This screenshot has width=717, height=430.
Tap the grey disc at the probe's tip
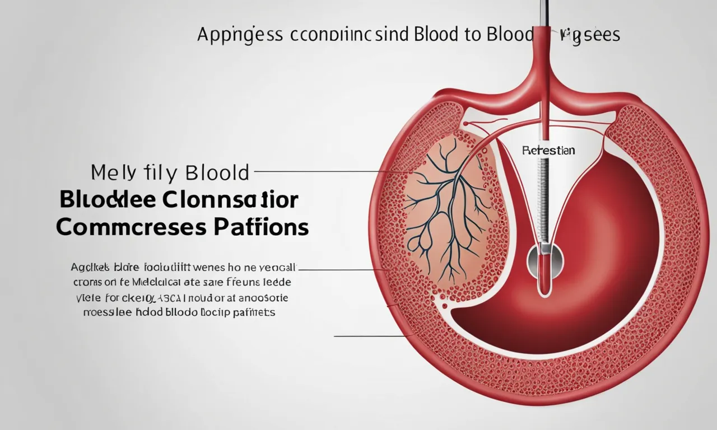click(x=542, y=259)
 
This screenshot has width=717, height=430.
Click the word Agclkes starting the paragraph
click(x=90, y=268)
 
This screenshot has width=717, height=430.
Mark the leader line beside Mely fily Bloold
click(x=319, y=172)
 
